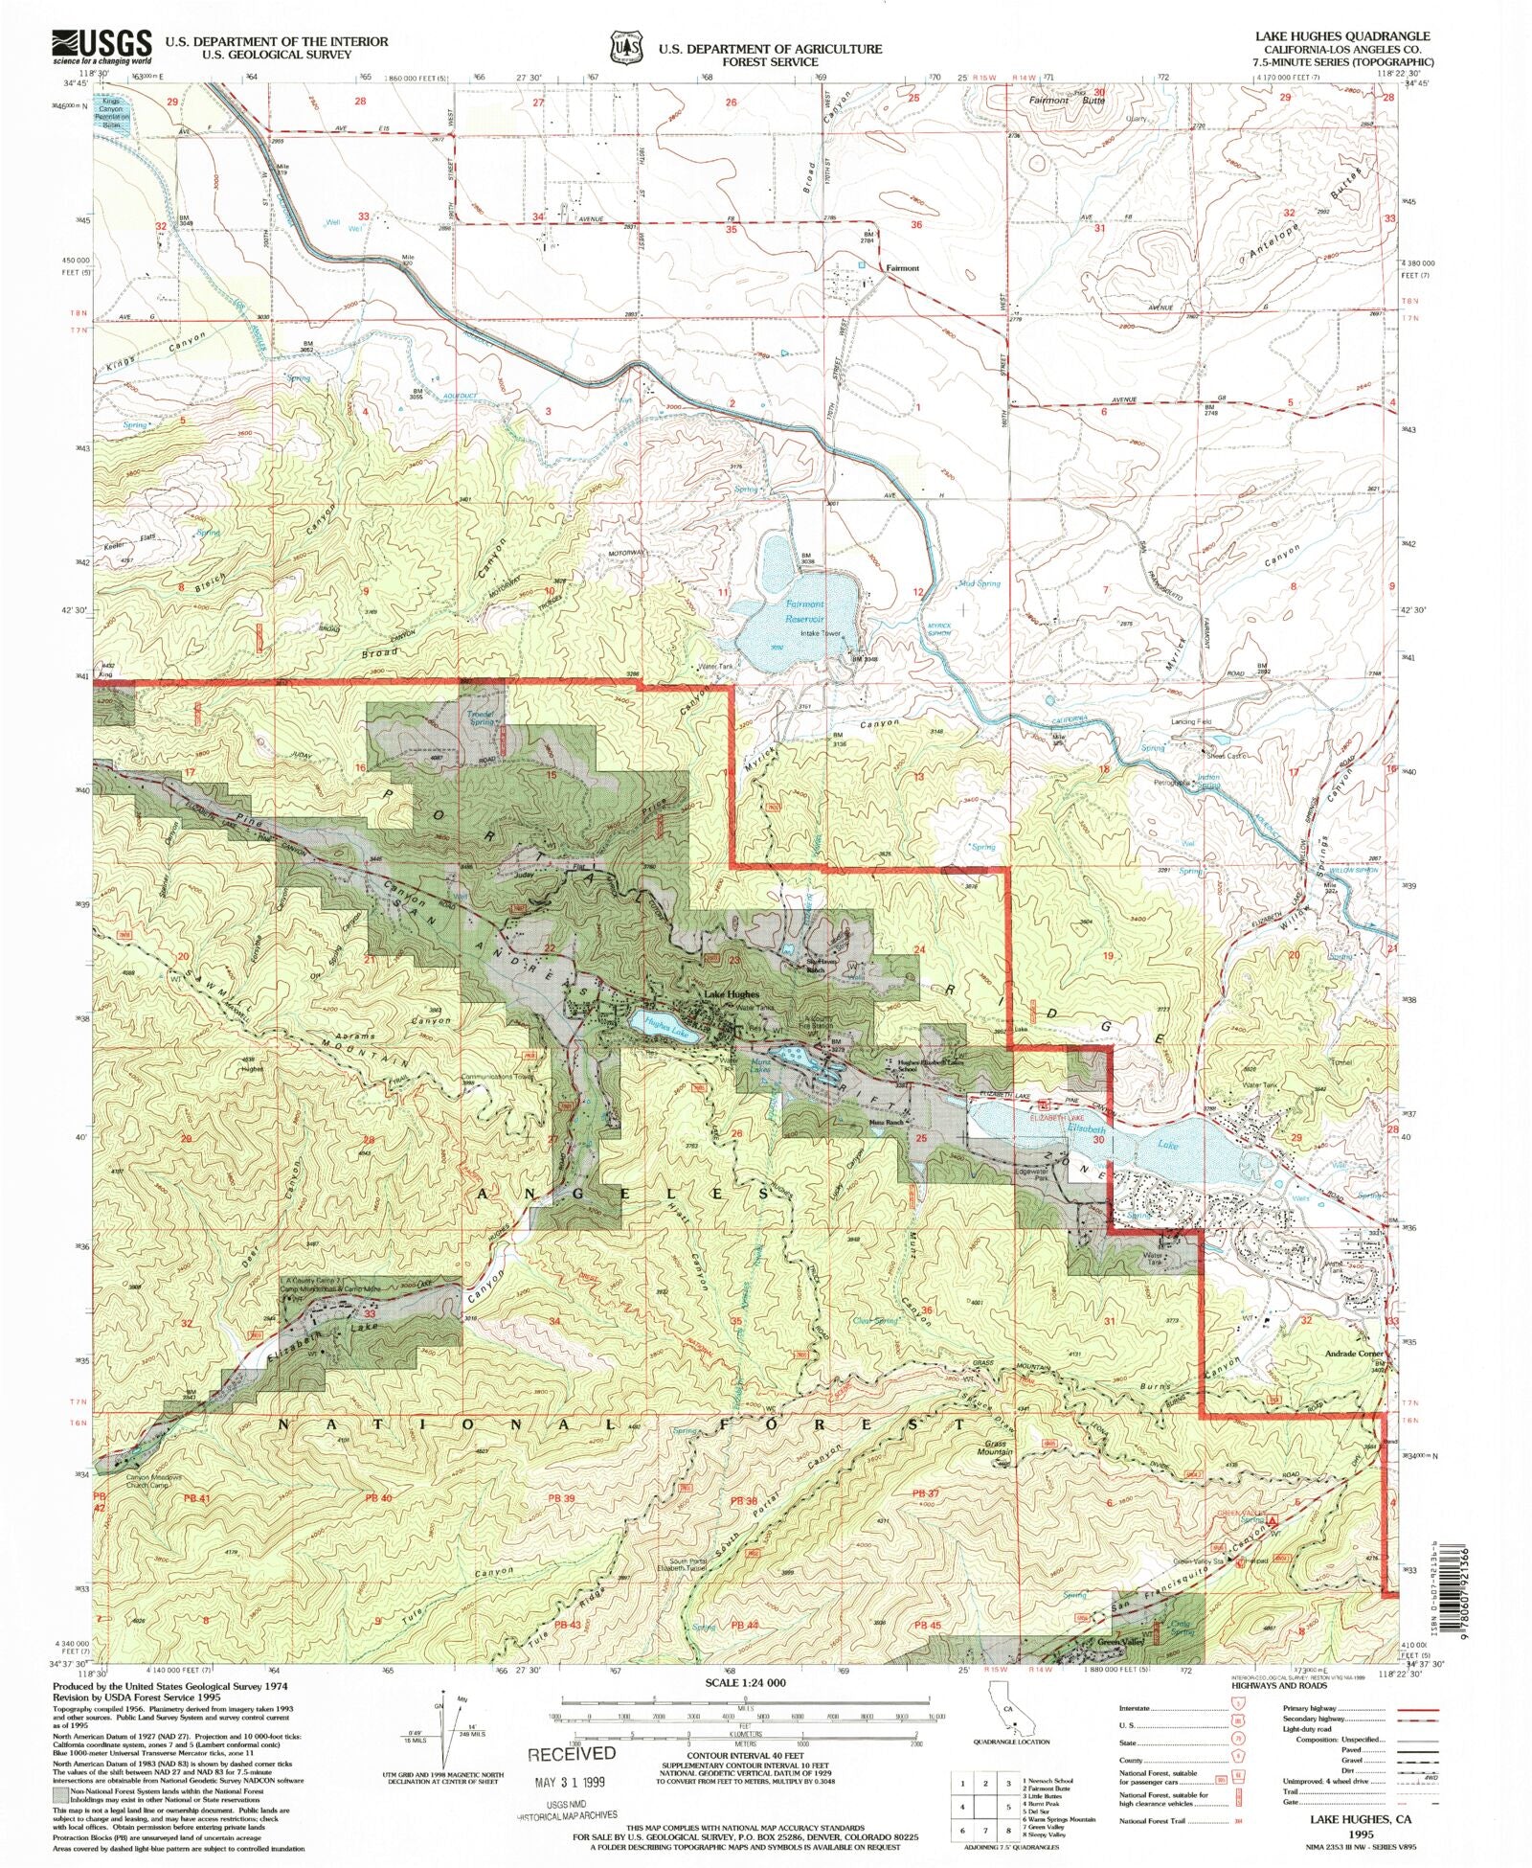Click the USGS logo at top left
click(101, 46)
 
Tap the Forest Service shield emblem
click(625, 47)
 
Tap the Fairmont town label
click(902, 268)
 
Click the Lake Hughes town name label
click(732, 995)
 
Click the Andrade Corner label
click(1350, 1354)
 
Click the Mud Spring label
click(979, 583)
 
